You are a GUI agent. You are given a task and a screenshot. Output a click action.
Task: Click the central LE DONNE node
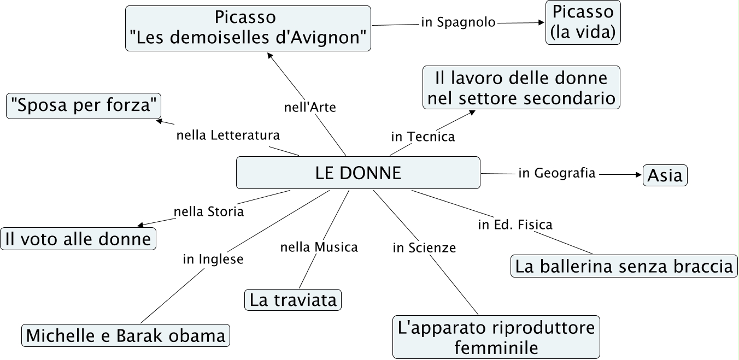(358, 173)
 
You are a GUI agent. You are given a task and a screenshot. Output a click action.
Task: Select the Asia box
(665, 175)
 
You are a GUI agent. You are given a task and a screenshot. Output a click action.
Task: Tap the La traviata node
(292, 300)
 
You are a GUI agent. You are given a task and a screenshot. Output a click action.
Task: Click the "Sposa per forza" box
(84, 105)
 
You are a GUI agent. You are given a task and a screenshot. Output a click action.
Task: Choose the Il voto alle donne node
(78, 239)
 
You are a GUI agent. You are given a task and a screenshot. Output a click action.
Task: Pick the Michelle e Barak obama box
(126, 335)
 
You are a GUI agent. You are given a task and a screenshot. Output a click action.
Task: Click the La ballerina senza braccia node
(624, 267)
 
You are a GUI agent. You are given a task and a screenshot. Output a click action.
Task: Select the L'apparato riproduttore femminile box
(496, 337)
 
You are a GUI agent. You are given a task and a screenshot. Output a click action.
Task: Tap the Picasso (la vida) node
(583, 22)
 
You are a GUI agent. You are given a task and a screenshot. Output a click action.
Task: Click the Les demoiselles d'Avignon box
(248, 28)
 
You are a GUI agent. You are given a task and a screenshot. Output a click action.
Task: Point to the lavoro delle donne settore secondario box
(521, 87)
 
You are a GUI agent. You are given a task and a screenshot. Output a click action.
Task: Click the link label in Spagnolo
(458, 22)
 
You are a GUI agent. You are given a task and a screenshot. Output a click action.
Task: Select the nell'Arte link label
(310, 107)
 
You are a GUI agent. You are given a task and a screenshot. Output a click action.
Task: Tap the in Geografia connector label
(557, 173)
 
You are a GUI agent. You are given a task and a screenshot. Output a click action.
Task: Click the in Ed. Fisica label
(515, 225)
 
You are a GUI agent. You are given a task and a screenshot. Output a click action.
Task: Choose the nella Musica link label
(319, 247)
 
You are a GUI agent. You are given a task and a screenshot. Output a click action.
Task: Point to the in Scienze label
(424, 248)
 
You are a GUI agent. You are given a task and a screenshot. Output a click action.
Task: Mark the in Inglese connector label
(213, 259)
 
